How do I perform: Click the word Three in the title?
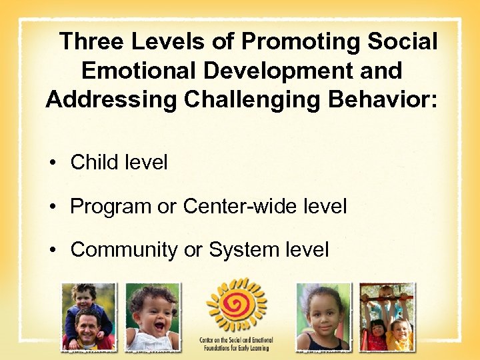point(92,42)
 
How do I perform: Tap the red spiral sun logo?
point(236,306)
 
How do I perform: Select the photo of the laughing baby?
point(153,317)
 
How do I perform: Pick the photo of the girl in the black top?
point(323,317)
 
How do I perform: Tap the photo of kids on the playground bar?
point(387,317)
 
